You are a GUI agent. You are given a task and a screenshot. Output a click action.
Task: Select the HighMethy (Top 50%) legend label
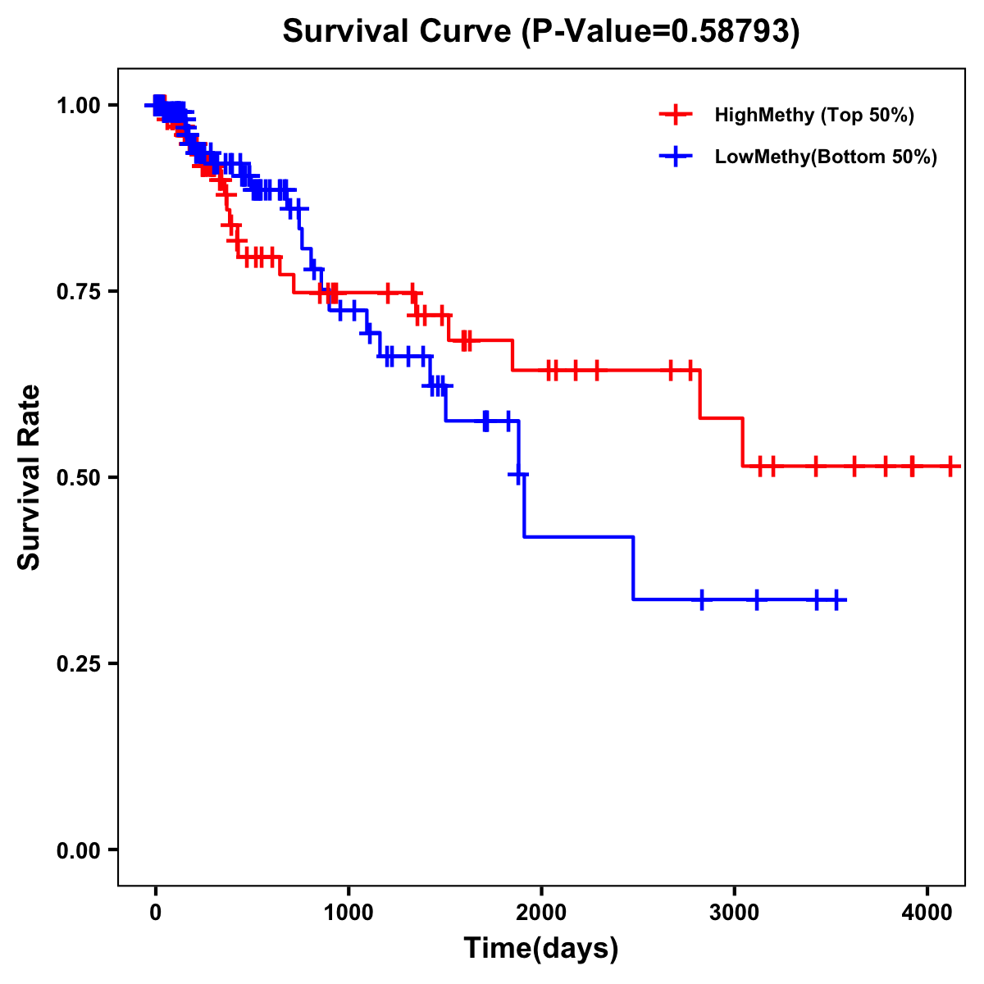(814, 115)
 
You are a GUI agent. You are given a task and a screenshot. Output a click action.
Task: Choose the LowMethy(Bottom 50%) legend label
(826, 157)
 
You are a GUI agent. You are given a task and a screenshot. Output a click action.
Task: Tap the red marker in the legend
(676, 115)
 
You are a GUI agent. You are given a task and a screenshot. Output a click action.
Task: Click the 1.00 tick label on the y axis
(78, 105)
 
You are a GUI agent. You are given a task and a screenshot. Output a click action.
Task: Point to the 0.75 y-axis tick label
(78, 291)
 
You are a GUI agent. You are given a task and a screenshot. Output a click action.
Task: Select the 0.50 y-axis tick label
(78, 477)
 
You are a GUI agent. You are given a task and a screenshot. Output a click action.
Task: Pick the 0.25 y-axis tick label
(78, 663)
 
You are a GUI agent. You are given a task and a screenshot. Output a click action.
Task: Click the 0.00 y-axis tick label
(78, 850)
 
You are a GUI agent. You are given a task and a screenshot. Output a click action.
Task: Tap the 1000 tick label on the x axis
(348, 913)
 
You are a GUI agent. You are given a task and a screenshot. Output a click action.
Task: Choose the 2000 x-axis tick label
(541, 913)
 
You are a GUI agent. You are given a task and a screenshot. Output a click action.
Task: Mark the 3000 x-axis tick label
(734, 913)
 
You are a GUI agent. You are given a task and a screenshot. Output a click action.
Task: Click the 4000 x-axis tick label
(927, 913)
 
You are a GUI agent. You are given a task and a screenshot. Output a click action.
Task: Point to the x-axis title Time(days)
(541, 949)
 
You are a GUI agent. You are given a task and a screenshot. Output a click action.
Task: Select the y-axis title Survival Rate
(30, 477)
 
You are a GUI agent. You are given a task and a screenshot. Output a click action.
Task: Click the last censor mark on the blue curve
(836, 599)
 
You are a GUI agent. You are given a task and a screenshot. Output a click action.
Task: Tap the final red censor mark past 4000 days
(950, 466)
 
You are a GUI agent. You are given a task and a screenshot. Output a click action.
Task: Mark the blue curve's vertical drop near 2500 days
(634, 567)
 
